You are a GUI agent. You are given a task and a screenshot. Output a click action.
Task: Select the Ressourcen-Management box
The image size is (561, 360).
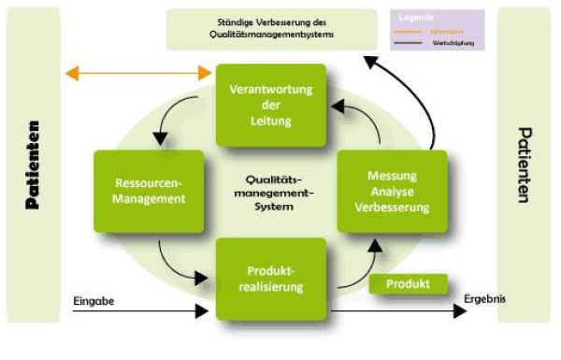pyautogui.click(x=148, y=191)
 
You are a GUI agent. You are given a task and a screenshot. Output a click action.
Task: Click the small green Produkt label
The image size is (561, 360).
pyautogui.click(x=408, y=283)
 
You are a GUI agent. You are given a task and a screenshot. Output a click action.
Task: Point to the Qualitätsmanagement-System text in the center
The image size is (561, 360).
pyautogui.click(x=270, y=192)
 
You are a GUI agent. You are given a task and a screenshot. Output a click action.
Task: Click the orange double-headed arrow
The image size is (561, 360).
pyautogui.click(x=137, y=73)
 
